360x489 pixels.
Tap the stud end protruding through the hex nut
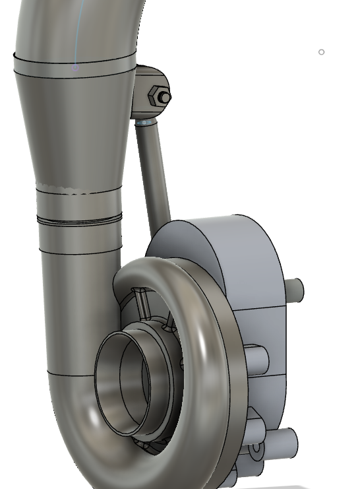[165, 98]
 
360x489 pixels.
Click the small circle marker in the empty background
[322, 52]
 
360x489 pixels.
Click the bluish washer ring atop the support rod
[145, 122]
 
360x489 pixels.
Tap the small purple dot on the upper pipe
[75, 67]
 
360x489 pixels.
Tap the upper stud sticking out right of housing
[295, 289]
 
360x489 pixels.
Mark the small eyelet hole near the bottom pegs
[256, 451]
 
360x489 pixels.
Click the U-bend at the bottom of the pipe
[86, 449]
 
